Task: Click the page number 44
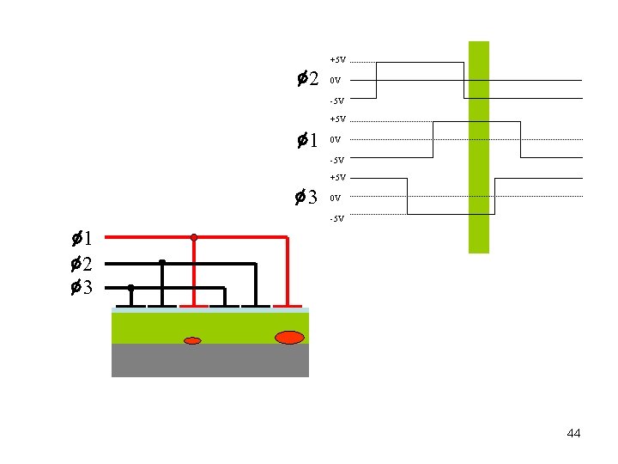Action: pos(573,433)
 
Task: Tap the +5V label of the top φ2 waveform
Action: pos(337,59)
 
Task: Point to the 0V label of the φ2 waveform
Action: pos(336,80)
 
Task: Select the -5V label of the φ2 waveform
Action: pos(336,101)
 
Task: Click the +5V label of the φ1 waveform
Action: pos(337,119)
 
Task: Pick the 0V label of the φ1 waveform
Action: pos(336,139)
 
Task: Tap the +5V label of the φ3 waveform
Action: pos(337,177)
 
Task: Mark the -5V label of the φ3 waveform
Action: pos(336,218)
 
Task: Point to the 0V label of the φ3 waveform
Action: pos(336,198)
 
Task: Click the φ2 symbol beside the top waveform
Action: pos(307,80)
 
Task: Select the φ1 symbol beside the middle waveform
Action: pos(307,139)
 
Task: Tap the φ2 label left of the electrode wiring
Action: pos(82,263)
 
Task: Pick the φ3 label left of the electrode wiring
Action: pos(82,288)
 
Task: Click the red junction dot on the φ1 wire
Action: pos(194,236)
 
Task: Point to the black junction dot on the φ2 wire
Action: pos(162,262)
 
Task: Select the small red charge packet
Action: pos(192,341)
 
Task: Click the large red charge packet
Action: pos(289,337)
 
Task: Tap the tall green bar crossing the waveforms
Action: pos(478,147)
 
